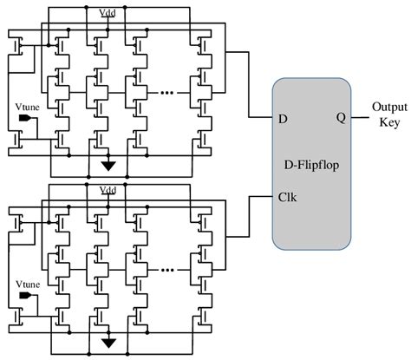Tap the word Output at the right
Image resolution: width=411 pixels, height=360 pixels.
point(384,108)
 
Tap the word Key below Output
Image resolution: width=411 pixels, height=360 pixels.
point(384,123)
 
